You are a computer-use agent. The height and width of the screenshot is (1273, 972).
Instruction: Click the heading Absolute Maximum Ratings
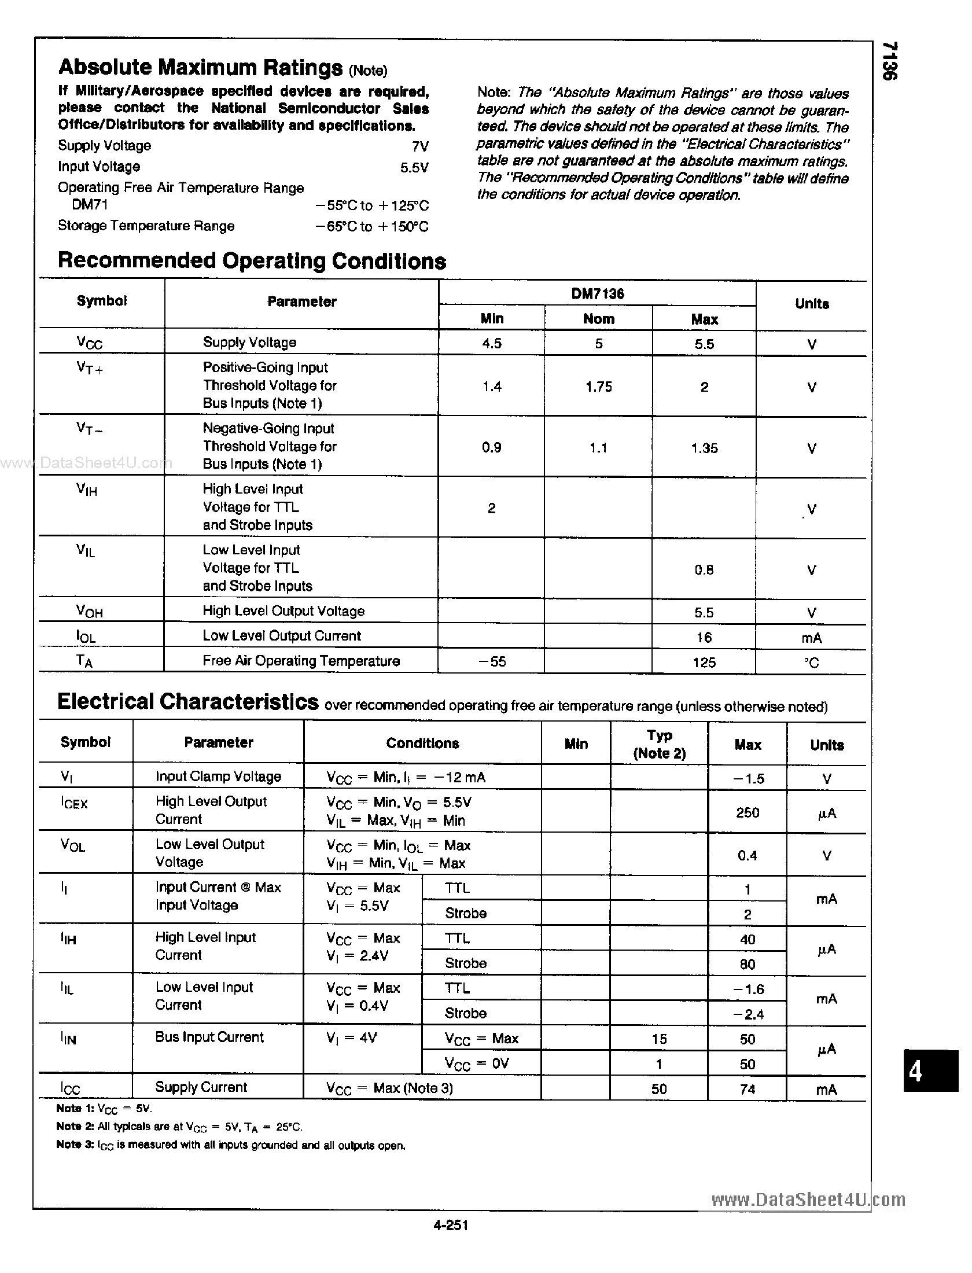click(x=200, y=68)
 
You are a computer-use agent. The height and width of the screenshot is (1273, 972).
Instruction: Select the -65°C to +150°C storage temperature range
click(x=372, y=226)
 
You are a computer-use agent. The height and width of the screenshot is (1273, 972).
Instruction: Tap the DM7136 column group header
click(x=598, y=293)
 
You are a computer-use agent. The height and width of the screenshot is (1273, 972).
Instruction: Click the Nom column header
click(x=598, y=319)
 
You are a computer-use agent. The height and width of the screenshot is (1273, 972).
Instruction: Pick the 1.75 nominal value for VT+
click(x=598, y=387)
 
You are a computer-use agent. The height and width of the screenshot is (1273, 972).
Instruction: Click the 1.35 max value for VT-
click(x=704, y=448)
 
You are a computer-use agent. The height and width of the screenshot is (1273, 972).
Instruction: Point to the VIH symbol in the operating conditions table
click(x=87, y=490)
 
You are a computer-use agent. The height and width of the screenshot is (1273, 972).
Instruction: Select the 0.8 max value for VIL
click(x=704, y=570)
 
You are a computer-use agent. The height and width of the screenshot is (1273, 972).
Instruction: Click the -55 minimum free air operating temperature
click(x=492, y=661)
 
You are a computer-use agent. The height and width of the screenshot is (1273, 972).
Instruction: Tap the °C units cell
click(x=811, y=663)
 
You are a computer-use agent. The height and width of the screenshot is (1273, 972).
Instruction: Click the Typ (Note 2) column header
click(x=659, y=744)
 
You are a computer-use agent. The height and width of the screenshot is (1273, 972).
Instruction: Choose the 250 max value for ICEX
click(x=747, y=812)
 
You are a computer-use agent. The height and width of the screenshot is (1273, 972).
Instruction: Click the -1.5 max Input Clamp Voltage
click(x=748, y=779)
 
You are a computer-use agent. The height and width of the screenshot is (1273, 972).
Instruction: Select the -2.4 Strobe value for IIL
click(x=748, y=1014)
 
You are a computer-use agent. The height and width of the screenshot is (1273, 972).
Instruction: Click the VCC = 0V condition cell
click(x=476, y=1064)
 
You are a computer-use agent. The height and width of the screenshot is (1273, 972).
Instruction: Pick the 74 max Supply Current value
click(x=748, y=1089)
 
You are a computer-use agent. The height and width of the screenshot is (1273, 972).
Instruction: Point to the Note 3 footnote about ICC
click(x=230, y=1145)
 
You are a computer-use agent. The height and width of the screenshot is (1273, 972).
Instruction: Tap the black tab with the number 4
click(x=930, y=1072)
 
